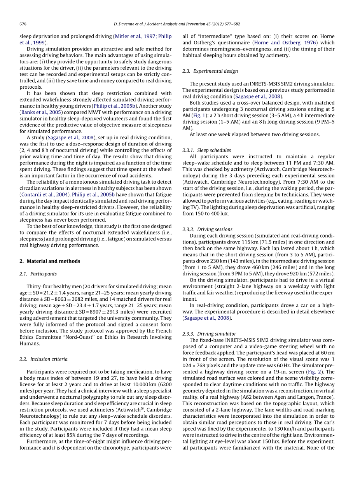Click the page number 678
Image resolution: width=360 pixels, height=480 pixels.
tap(23, 24)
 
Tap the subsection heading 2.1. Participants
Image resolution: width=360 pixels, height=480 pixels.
tap(38, 274)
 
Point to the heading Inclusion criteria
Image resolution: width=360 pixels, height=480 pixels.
tap(44, 359)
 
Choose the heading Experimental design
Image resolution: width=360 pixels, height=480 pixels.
tap(210, 71)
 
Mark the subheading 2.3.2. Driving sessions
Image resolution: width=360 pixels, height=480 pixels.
tap(207, 229)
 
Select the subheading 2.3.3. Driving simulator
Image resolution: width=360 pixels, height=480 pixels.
tap(209, 334)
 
